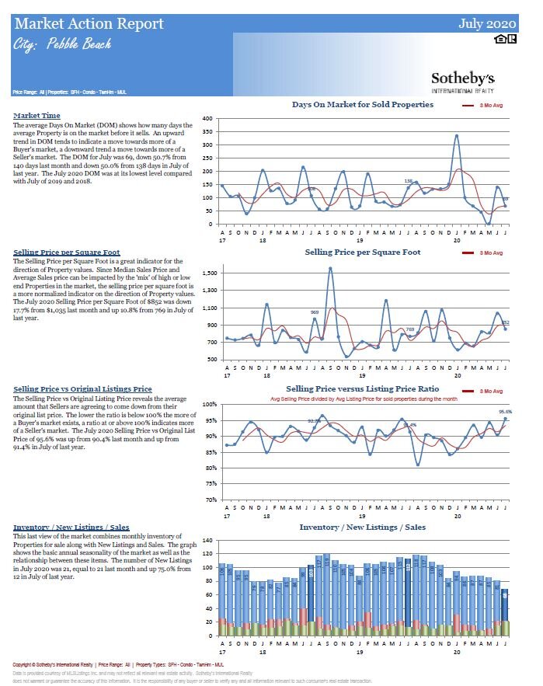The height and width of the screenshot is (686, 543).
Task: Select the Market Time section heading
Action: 37,116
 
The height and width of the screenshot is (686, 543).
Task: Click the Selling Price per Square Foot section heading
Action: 67,252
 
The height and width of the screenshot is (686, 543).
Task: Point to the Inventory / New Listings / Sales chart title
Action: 362,528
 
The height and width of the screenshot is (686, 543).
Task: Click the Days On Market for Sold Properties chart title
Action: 363,105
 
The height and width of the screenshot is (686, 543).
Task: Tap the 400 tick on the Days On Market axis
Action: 207,119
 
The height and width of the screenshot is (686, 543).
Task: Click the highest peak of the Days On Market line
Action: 457,136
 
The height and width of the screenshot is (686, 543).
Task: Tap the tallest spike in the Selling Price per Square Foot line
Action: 330,269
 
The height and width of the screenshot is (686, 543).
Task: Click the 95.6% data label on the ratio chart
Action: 505,412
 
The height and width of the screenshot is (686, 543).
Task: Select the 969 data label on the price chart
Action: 315,312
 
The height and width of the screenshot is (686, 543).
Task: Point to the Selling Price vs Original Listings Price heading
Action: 82,388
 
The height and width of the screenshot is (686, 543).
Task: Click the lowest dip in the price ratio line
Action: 418,465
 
